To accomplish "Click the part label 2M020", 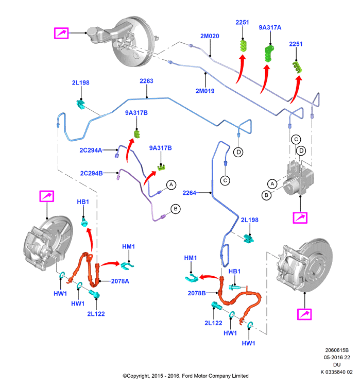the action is point(210,36).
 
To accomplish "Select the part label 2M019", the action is point(205,91).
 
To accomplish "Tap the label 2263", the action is point(146,81).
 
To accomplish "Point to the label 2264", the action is point(189,193).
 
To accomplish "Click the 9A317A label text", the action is point(270,28).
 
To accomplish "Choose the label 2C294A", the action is point(91,150).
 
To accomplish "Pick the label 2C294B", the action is point(92,173).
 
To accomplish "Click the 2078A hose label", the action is point(120,281).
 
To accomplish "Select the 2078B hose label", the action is point(197,293).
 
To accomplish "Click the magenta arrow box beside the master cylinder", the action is point(61,33).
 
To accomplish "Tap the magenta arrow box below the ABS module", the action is point(300,218).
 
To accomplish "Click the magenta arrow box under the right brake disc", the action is point(304,314).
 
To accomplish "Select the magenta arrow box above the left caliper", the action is point(47,196).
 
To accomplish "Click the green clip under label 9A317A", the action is point(269,53).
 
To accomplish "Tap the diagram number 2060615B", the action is point(337,350).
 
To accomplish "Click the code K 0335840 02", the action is point(336,372).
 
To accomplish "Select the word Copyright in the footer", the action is point(138,376).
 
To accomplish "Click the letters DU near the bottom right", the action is point(337,364).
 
